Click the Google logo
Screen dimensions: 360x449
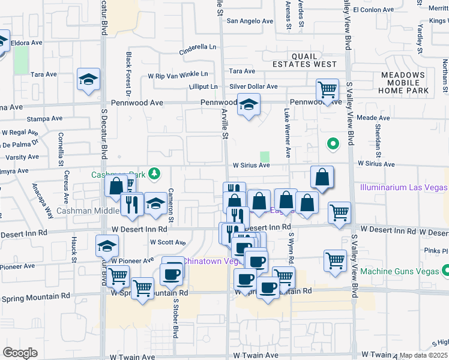(x=20, y=353)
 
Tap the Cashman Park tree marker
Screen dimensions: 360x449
(x=155, y=174)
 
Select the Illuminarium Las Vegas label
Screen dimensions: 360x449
(x=403, y=187)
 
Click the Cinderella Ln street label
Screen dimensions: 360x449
(x=199, y=47)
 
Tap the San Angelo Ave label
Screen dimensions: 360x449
(x=250, y=21)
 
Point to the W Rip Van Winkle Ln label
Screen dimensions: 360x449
(x=178, y=74)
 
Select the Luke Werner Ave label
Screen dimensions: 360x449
(x=288, y=133)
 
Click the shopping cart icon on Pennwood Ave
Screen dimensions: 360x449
(x=327, y=90)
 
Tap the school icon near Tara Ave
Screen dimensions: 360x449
(x=89, y=79)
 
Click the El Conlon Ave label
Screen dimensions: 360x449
(x=373, y=10)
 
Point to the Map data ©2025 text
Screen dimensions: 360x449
(x=424, y=355)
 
